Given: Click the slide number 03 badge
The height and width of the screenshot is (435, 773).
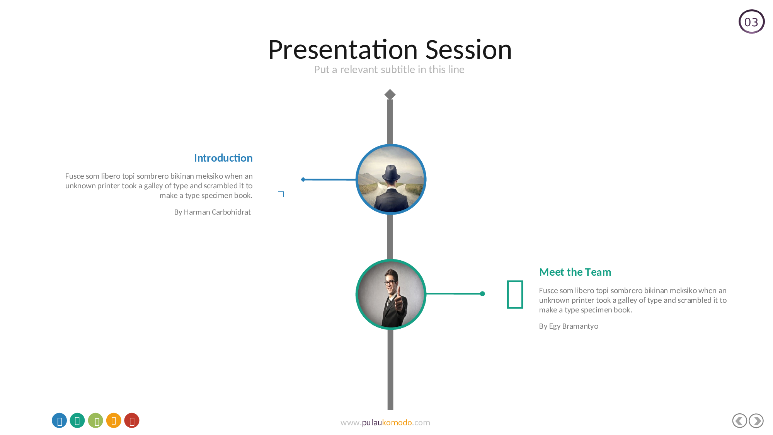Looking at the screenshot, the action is click(x=751, y=22).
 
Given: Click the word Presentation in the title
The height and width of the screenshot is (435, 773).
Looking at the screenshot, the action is click(x=343, y=50).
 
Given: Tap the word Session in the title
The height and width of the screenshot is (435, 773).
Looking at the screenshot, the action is click(x=468, y=50).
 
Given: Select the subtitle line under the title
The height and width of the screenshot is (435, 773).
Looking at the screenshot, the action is click(x=389, y=70).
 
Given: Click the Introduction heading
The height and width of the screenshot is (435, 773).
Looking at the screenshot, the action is click(x=223, y=158).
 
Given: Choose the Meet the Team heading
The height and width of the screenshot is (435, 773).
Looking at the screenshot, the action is click(x=575, y=272).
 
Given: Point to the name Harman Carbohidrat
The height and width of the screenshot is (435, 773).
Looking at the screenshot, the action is click(x=217, y=212).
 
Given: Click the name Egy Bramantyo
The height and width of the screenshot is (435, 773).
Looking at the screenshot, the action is click(x=574, y=326).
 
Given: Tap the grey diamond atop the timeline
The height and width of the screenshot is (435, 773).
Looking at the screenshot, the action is click(x=390, y=94).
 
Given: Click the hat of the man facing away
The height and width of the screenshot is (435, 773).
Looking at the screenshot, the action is click(x=392, y=172).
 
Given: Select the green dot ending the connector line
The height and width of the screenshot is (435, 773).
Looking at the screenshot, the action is click(x=482, y=294).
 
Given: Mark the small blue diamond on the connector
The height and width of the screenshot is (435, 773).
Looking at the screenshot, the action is click(x=303, y=179).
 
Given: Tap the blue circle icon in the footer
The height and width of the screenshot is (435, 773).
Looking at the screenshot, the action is click(x=59, y=421).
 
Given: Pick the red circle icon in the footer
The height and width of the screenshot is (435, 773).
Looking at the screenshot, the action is click(x=132, y=421).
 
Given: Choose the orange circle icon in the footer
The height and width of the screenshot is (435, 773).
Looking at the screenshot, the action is click(x=114, y=421).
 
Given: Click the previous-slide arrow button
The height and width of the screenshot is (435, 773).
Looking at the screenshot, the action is click(x=740, y=421).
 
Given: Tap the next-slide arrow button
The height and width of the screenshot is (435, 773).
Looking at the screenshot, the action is click(x=756, y=421).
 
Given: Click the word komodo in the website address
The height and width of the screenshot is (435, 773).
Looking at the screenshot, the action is click(x=397, y=423).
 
